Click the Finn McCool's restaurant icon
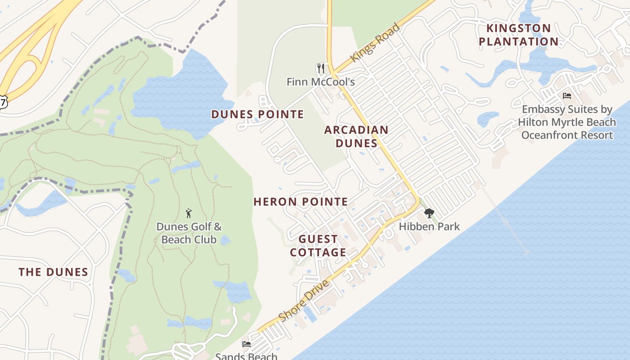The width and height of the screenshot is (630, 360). tap(320, 68)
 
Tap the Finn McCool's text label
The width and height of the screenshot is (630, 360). tap(320, 82)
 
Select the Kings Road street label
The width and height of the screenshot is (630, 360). tap(375, 43)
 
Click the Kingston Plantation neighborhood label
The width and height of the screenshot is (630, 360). tap(518, 35)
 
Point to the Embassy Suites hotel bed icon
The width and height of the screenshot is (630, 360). tap(567, 96)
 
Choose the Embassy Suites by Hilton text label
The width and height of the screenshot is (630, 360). tap(567, 122)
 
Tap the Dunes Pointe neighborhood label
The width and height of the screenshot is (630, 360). tap(257, 114)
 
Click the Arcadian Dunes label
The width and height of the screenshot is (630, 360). tap(356, 137)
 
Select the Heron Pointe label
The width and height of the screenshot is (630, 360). tap(301, 202)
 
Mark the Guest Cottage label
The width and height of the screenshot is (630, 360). tap(318, 246)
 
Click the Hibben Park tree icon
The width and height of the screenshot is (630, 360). tap(429, 213)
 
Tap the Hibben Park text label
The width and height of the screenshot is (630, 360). tap(429, 226)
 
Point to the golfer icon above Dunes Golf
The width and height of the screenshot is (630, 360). tap(189, 213)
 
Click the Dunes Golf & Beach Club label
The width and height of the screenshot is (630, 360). tap(189, 233)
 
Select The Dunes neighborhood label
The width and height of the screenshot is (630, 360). tap(53, 272)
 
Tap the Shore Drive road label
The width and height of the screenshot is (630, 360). tap(304, 301)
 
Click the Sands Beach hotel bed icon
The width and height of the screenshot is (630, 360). tap(246, 344)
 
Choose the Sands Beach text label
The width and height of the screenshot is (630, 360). tap(246, 356)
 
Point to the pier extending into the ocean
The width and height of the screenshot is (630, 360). tap(504, 220)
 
